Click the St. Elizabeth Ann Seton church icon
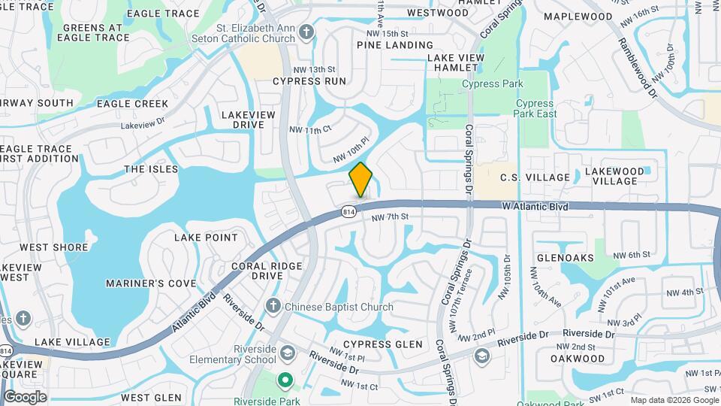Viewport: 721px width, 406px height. [306, 32]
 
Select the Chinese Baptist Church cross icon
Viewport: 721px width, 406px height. [273, 306]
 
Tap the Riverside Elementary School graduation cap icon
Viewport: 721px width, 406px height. [286, 353]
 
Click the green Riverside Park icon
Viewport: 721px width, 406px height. [285, 380]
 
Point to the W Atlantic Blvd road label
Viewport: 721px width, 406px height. [534, 206]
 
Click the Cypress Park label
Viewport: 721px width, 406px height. [492, 83]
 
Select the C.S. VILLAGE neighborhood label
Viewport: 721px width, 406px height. [534, 177]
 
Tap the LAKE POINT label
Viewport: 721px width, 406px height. [206, 238]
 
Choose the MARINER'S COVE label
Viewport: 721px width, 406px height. [151, 283]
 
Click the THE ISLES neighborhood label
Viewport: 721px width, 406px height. [145, 169]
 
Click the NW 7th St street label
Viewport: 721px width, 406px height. [390, 217]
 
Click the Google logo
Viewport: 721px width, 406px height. [25, 397]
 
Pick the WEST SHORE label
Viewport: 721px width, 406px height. [54, 247]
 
